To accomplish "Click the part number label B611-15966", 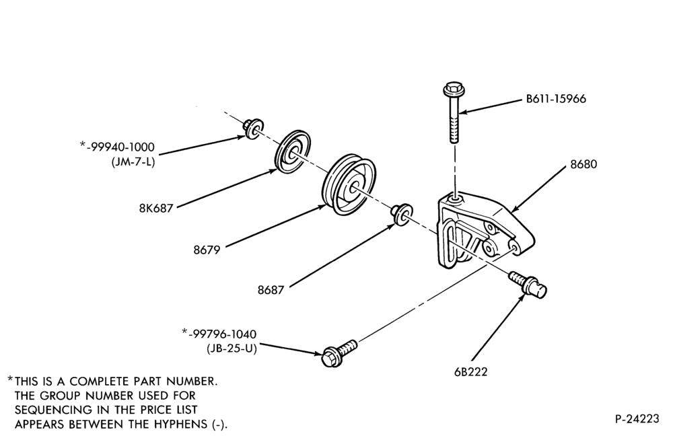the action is pyautogui.click(x=556, y=99).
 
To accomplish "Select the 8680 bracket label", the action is pyautogui.click(x=583, y=164).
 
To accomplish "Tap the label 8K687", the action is pyautogui.click(x=156, y=208).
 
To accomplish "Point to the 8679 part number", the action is pyautogui.click(x=207, y=250).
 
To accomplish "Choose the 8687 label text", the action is pyautogui.click(x=271, y=290).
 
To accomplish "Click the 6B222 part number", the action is pyautogui.click(x=471, y=371).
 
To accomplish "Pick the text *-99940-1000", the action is pyautogui.click(x=117, y=147).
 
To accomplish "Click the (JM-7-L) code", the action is pyautogui.click(x=133, y=163).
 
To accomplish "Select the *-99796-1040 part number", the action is pyautogui.click(x=219, y=334).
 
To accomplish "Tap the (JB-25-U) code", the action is pyautogui.click(x=232, y=349).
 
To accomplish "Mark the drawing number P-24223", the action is pyautogui.click(x=637, y=419).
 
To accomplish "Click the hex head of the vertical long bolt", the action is pyautogui.click(x=452, y=89).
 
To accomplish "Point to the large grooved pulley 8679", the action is pyautogui.click(x=349, y=184).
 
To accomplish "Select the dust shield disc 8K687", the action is pyautogui.click(x=292, y=151).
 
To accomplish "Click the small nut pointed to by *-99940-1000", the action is pyautogui.click(x=253, y=127).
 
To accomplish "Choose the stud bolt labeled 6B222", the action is pyautogui.click(x=528, y=284).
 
